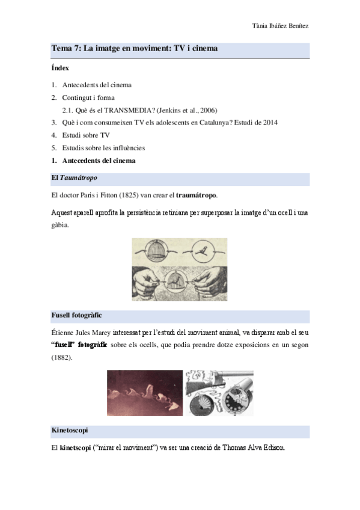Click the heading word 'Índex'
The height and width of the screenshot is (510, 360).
(x=60, y=68)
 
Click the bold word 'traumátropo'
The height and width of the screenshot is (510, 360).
(x=197, y=196)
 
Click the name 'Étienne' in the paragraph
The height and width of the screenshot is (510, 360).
(x=63, y=332)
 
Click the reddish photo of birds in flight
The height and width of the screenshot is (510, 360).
(x=145, y=392)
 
